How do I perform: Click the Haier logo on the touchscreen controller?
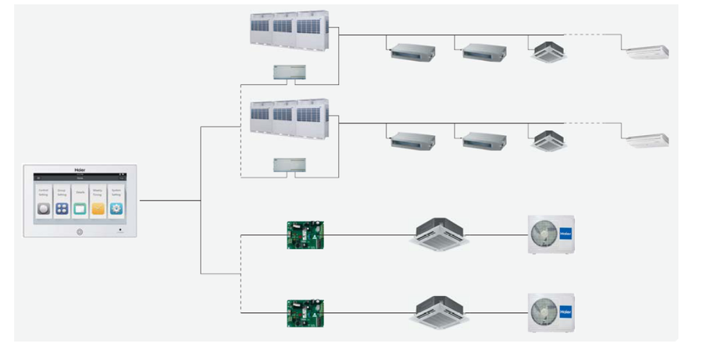click(80, 169)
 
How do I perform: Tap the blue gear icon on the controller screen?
click(116, 209)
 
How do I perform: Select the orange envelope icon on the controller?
click(98, 209)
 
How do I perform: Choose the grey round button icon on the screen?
click(43, 209)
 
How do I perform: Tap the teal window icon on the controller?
click(80, 209)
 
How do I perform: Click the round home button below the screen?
click(80, 232)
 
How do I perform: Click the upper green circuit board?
click(305, 234)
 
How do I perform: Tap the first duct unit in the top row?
click(412, 52)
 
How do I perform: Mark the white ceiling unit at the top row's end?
click(647, 52)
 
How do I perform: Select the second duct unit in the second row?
click(484, 141)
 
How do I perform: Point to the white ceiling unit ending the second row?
click(647, 141)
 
